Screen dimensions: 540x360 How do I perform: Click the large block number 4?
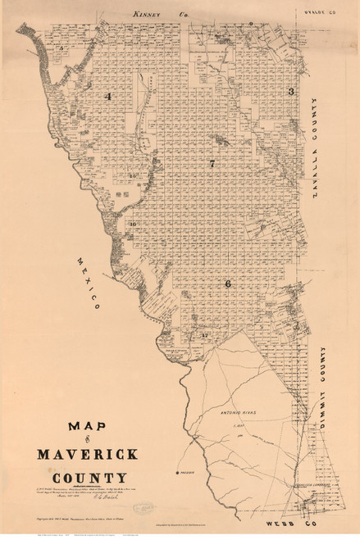(107, 97)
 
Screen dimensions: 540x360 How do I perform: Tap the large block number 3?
(290, 91)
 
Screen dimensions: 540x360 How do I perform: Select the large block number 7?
(212, 164)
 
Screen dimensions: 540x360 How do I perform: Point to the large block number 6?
(227, 284)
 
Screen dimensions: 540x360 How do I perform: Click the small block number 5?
(62, 49)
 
